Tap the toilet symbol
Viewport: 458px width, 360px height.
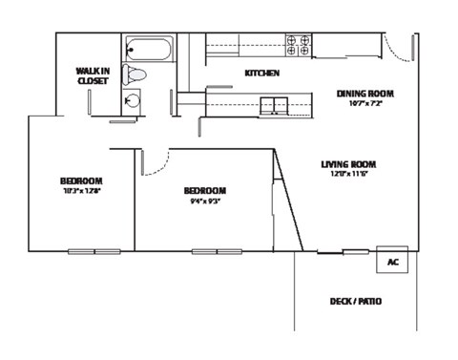[137, 74]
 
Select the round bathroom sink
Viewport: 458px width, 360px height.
[133, 96]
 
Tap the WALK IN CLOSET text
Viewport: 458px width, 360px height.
[93, 75]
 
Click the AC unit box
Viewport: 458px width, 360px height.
[393, 261]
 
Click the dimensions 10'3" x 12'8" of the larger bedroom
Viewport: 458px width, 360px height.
[81, 191]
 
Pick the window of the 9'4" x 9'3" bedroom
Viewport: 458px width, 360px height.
[218, 251]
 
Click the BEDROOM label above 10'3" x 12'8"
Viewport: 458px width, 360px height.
[81, 181]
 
